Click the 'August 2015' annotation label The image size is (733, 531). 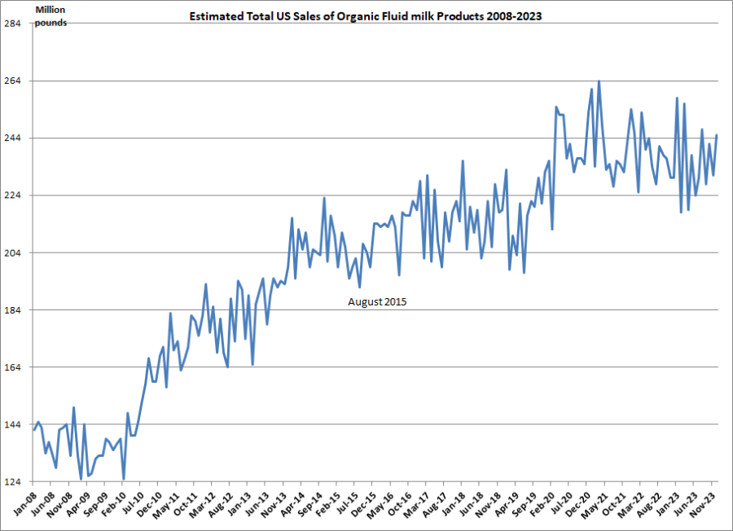pyautogui.click(x=376, y=301)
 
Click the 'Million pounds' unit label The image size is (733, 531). pyautogui.click(x=50, y=15)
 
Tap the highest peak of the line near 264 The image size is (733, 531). pyautogui.click(x=599, y=81)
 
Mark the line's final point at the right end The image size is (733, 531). pyautogui.click(x=717, y=135)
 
